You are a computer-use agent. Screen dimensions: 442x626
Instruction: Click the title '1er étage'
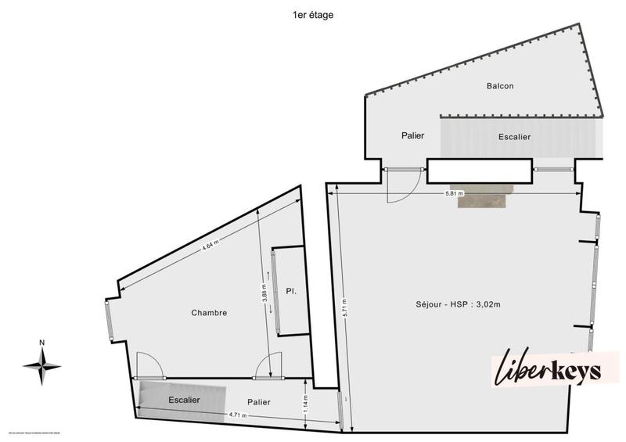coord(312,15)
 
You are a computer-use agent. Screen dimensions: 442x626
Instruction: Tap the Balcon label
coord(499,86)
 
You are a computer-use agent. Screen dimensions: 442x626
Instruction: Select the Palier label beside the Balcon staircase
coord(412,135)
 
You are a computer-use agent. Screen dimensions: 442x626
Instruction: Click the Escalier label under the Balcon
coord(514,137)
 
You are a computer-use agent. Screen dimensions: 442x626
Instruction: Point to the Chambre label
coord(209,313)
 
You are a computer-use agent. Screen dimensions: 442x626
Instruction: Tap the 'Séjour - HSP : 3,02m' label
coord(459,304)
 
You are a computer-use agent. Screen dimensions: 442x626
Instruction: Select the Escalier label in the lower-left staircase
coord(184,401)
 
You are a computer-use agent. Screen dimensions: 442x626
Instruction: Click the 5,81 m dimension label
coord(454,192)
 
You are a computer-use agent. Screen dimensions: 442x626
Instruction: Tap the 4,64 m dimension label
coord(210,246)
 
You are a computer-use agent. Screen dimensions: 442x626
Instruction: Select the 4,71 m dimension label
coord(238,415)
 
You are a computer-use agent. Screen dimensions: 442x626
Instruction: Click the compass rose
coord(42,363)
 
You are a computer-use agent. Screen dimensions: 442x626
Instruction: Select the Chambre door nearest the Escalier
coord(149,365)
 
